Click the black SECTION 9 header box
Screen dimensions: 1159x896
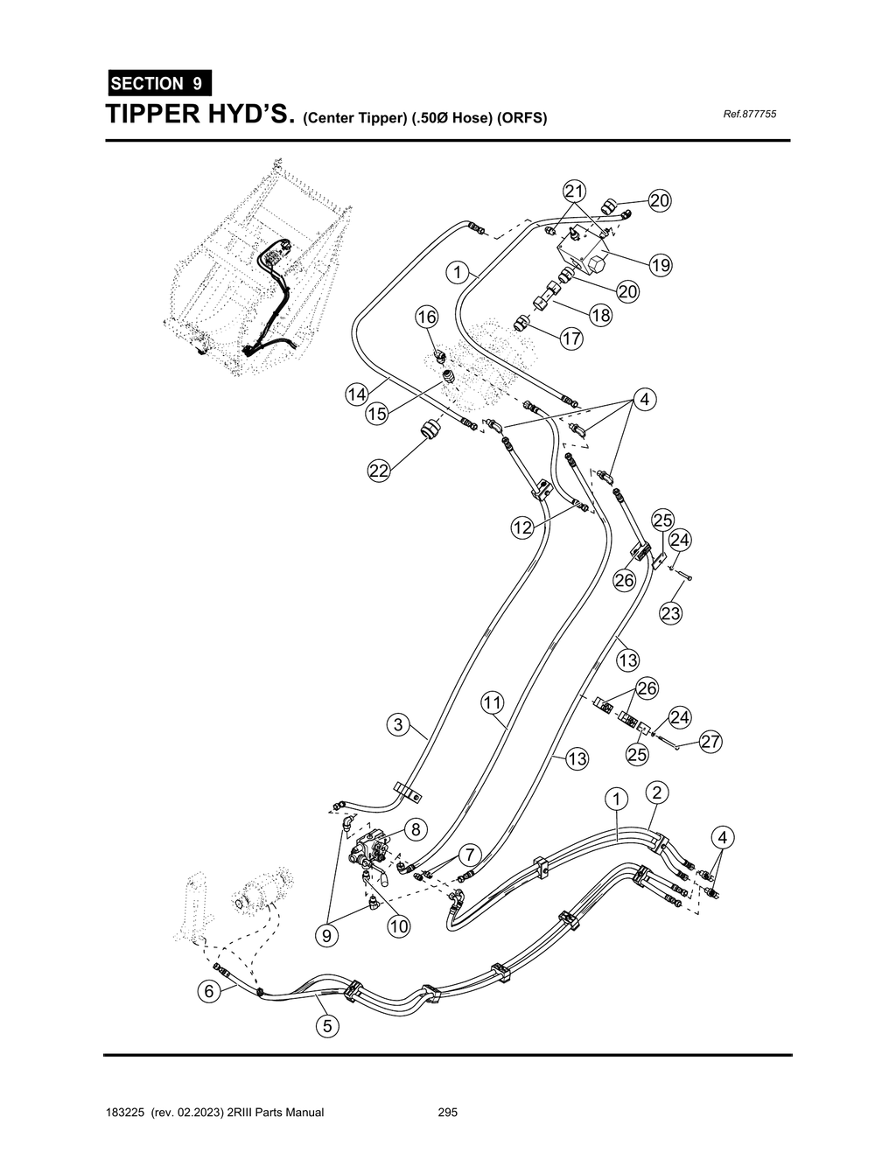coord(158,84)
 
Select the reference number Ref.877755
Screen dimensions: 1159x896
coord(750,115)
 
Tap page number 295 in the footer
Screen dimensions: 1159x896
coord(448,1113)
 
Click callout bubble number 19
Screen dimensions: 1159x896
coord(661,265)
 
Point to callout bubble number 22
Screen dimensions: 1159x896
coord(378,471)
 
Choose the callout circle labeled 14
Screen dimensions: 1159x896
coord(356,394)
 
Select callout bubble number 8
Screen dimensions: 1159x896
coord(414,829)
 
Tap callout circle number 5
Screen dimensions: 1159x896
coord(327,1026)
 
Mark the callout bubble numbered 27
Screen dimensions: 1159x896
coord(710,743)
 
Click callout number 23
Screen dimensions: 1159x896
coord(670,614)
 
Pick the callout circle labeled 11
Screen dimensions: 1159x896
coord(492,702)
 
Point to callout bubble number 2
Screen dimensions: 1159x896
coord(657,792)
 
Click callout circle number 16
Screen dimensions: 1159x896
coord(426,318)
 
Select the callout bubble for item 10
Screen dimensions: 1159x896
coord(399,926)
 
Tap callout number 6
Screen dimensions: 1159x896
coord(208,991)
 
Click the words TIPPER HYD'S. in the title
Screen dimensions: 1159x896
coord(199,115)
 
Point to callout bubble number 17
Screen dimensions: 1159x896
coord(571,339)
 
